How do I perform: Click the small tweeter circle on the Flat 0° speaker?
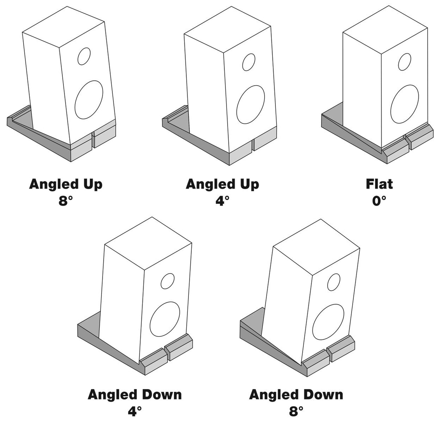point(404,62)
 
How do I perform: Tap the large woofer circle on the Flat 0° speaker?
point(404,105)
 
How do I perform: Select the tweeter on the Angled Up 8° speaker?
point(84,56)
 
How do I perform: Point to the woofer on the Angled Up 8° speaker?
point(89,100)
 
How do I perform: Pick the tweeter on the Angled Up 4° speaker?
point(249,62)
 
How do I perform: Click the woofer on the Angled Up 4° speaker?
point(250,104)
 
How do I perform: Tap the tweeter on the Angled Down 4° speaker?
point(167,281)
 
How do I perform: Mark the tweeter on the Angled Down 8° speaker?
point(333,282)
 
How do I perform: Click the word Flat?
point(379,184)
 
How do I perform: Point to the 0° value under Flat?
point(379,201)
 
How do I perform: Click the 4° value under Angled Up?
point(223,201)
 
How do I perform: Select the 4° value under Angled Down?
point(134,411)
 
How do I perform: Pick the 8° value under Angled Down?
point(296,411)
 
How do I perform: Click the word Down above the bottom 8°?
point(319,394)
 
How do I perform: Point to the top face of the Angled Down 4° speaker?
point(148,243)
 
